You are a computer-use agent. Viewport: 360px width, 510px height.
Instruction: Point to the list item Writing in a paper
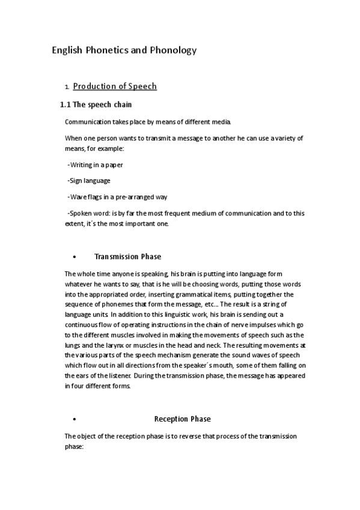[x=96, y=165]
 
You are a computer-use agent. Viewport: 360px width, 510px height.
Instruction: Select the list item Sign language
[x=90, y=180]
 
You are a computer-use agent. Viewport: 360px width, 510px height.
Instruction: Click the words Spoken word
[x=89, y=213]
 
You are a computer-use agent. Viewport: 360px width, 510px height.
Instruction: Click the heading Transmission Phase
[x=127, y=257]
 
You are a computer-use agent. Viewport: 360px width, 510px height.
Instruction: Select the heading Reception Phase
[x=182, y=419]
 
